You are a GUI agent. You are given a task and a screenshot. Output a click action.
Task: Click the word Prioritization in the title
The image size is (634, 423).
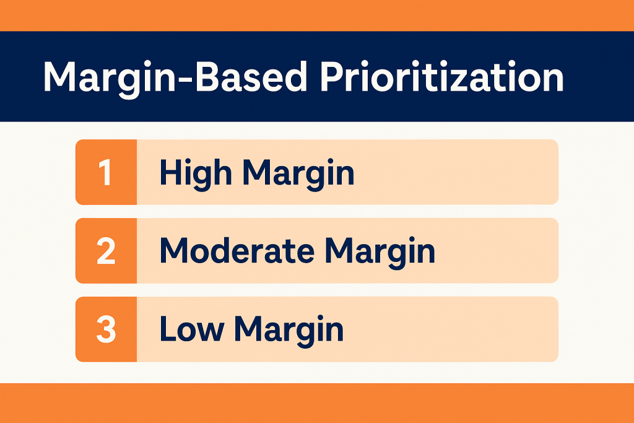[441, 77]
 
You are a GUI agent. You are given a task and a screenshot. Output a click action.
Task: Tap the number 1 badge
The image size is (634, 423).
[106, 172]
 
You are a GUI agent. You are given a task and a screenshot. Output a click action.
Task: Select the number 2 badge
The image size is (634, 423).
[106, 251]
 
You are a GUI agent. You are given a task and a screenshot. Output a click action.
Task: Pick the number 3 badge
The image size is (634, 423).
[106, 329]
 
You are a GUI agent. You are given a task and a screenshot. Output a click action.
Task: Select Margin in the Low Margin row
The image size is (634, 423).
[289, 329]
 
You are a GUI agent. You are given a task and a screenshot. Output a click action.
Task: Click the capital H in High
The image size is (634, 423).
[169, 172]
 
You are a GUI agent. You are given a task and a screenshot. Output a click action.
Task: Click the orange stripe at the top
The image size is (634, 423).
[317, 15]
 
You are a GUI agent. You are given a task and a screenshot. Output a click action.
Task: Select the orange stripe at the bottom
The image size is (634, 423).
[317, 403]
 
